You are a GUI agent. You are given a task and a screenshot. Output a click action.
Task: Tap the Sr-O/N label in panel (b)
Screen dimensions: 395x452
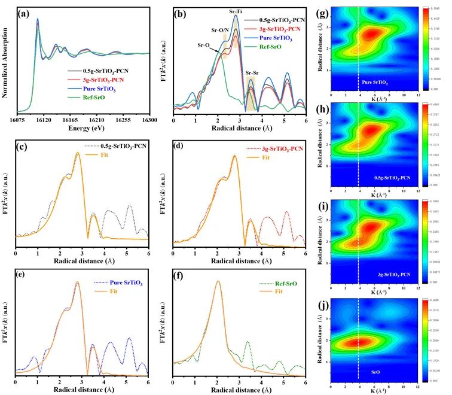click(x=222, y=29)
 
